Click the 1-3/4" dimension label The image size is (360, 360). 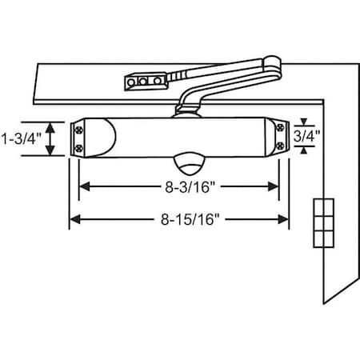click(x=20, y=138)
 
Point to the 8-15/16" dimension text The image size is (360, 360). click(x=179, y=218)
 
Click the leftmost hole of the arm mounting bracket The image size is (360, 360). click(x=130, y=81)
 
